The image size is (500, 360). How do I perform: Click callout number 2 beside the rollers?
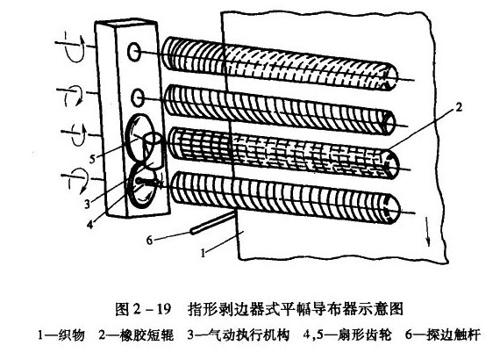click(458, 107)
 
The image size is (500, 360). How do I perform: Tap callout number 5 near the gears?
click(92, 159)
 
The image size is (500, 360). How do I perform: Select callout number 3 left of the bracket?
click(87, 204)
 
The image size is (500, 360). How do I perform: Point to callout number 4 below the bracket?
click(90, 225)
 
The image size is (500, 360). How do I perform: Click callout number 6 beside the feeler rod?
click(149, 240)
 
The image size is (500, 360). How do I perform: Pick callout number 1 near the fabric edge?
click(203, 253)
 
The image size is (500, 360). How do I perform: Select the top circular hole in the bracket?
click(133, 52)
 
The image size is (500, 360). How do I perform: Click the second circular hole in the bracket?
click(138, 97)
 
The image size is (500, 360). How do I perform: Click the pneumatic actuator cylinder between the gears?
click(154, 151)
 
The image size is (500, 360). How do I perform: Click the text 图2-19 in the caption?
click(143, 309)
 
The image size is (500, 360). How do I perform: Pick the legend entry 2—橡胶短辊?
click(136, 335)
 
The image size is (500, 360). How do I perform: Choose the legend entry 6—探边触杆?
click(443, 335)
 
